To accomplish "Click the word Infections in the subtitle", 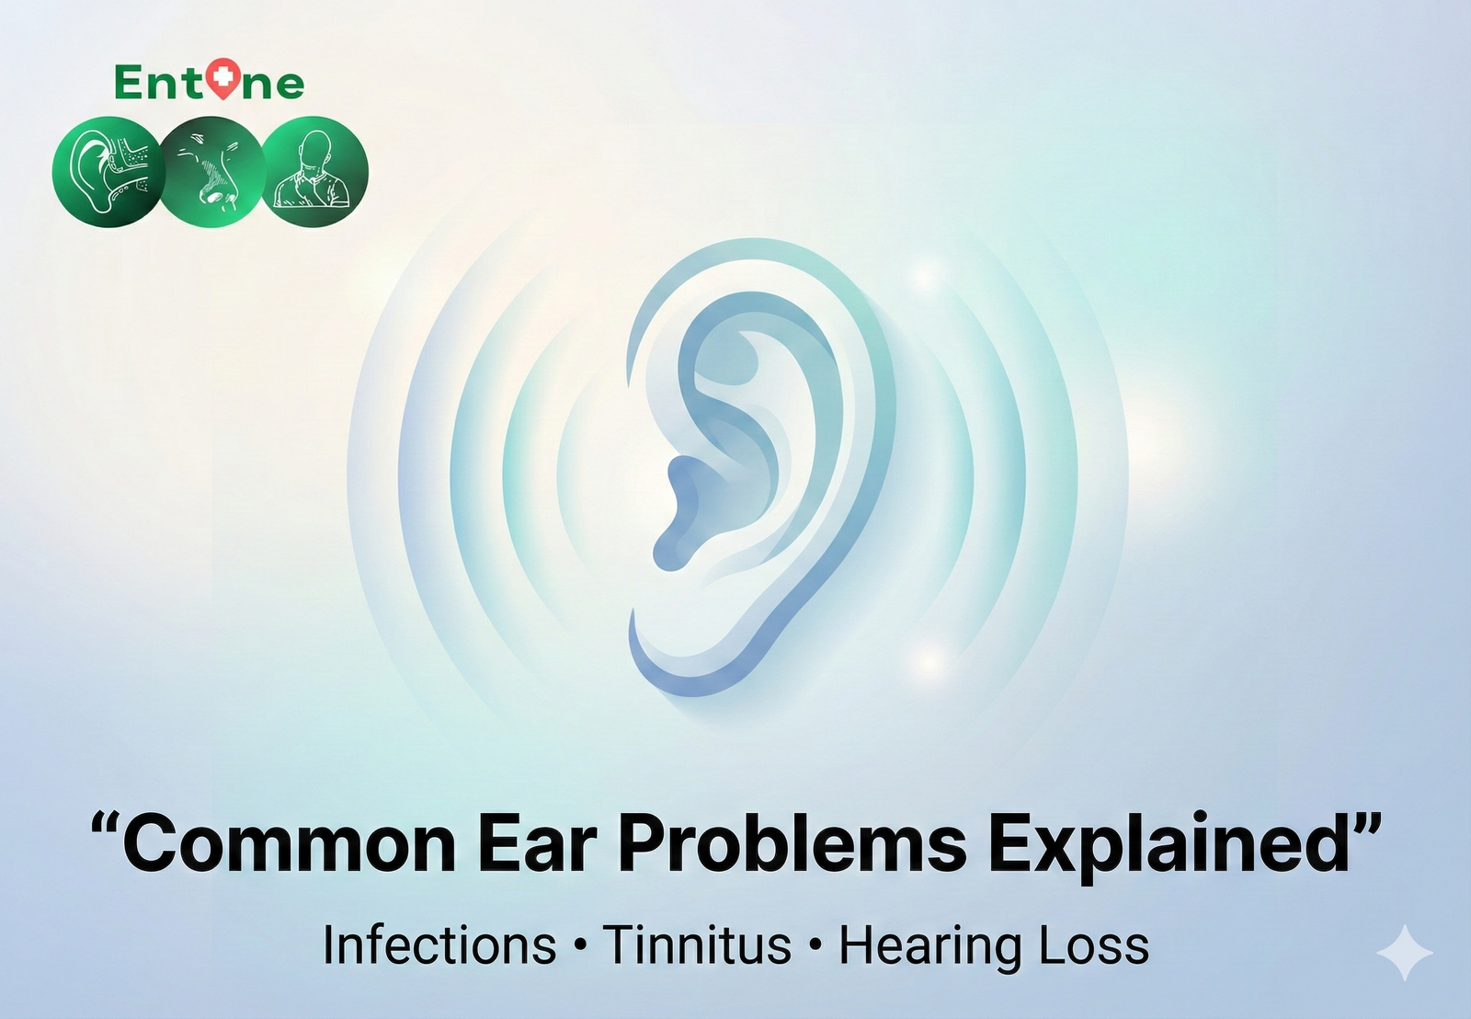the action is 439,945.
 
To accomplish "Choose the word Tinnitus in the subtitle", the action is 698,945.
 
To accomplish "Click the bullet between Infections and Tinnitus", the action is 579,946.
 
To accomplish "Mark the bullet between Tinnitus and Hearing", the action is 816,946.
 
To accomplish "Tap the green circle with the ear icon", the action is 108,172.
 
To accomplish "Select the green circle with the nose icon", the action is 212,172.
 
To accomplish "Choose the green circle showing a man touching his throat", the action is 314,172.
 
